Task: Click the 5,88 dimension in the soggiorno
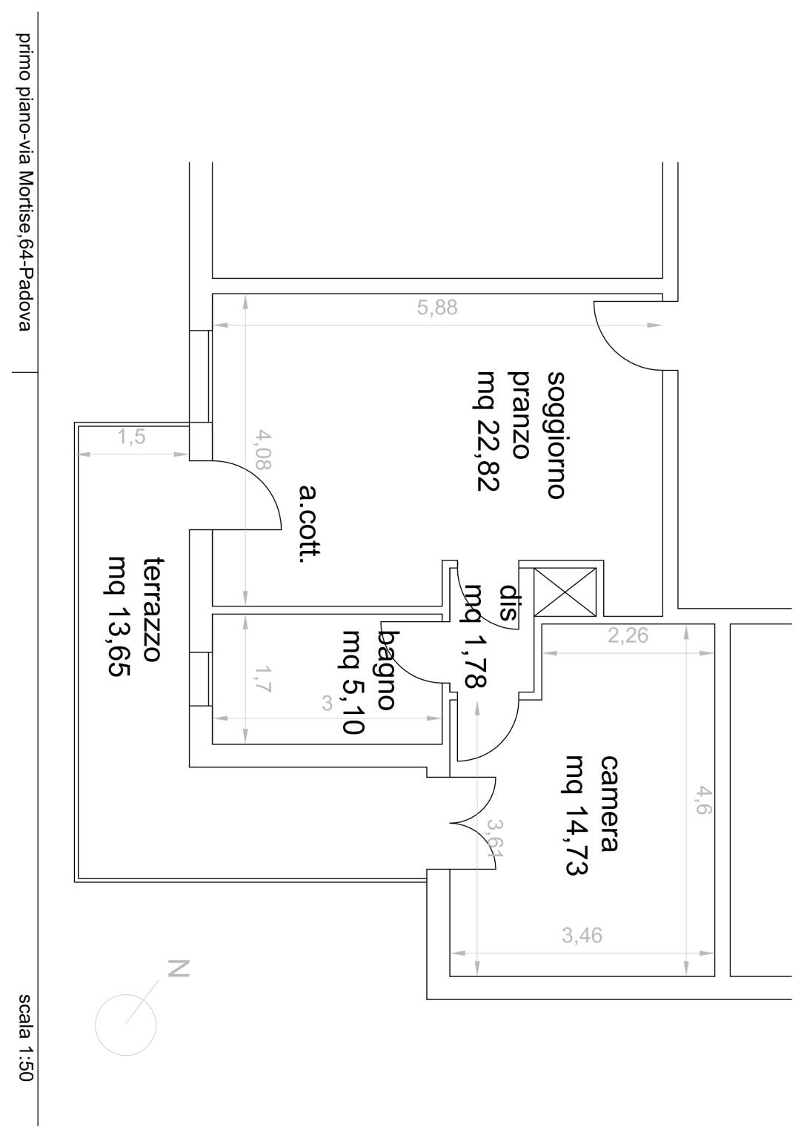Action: tap(436, 308)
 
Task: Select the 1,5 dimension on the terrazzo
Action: tap(132, 437)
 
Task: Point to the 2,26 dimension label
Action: tap(628, 635)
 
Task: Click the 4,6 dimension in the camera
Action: tap(701, 801)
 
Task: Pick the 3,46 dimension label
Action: tap(582, 936)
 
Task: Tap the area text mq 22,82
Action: tap(488, 431)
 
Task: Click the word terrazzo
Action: tap(153, 610)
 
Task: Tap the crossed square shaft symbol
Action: tap(565, 592)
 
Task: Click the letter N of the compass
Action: tap(179, 969)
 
